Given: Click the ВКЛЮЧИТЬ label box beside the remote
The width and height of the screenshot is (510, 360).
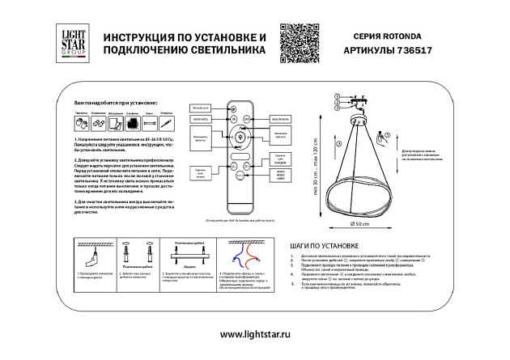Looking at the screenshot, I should [201, 118].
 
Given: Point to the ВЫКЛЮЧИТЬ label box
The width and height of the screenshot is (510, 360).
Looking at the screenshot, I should [280, 118].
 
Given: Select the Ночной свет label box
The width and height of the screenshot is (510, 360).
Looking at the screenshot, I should [201, 107].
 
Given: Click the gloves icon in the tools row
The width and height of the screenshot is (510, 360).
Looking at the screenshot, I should [82, 123].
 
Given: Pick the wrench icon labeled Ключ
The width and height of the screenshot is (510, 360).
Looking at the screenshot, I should [148, 123].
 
